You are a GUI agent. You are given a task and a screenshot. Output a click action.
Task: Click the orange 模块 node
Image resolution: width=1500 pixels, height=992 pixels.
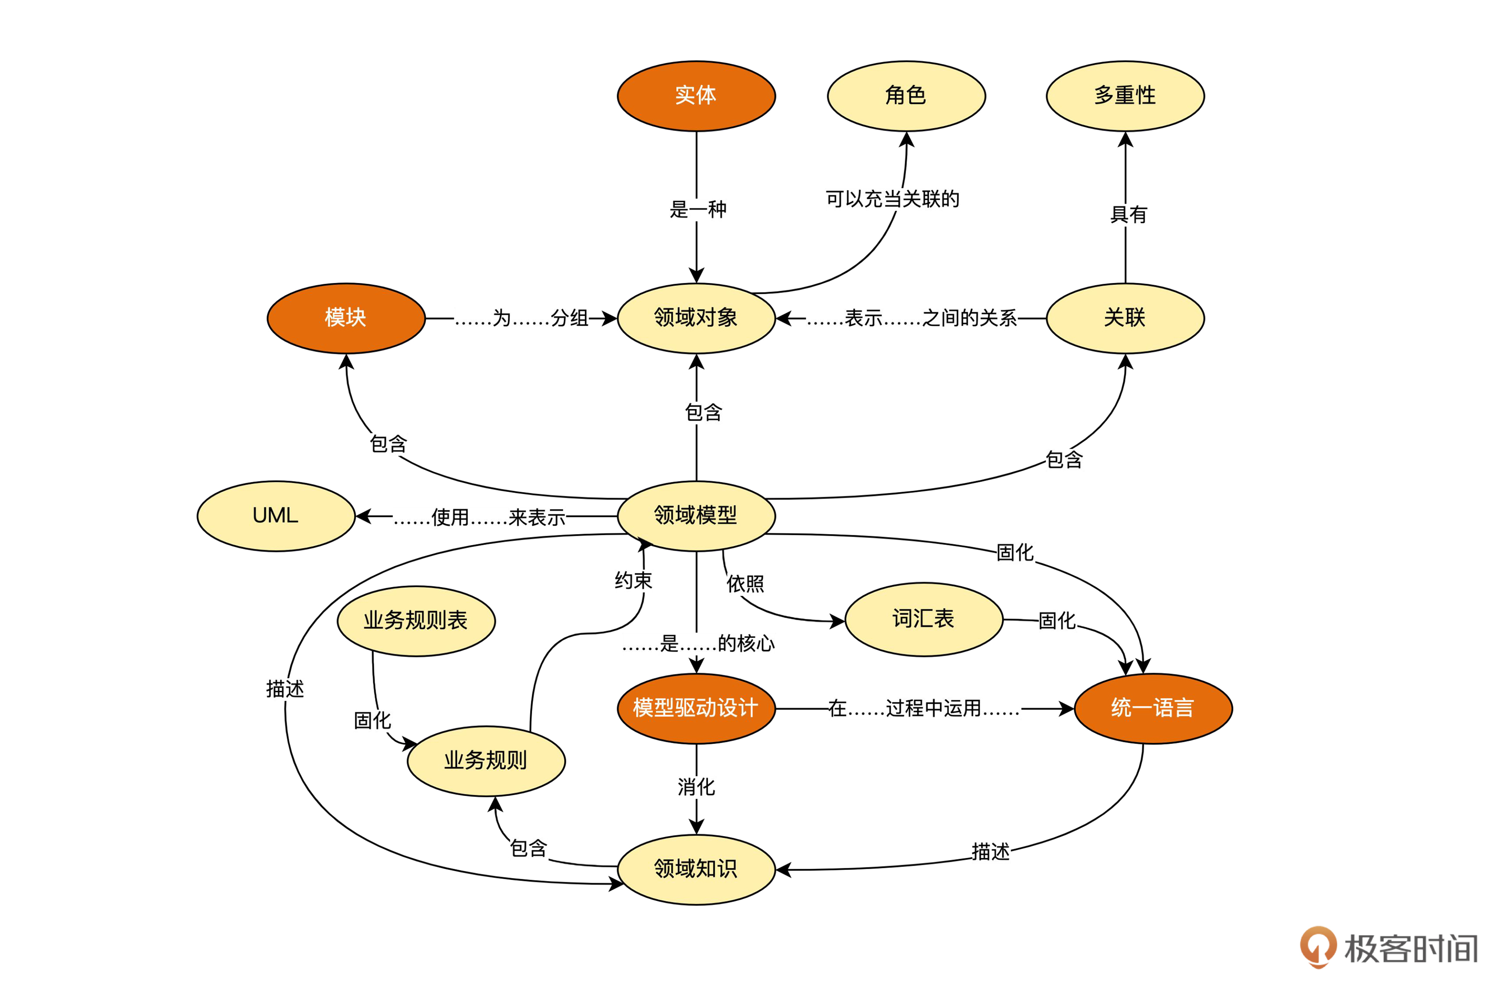pyautogui.click(x=345, y=317)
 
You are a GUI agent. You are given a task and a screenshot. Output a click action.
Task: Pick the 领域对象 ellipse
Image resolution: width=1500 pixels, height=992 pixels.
pyautogui.click(x=696, y=317)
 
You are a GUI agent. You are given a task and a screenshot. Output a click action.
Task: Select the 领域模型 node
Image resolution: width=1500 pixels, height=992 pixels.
pyautogui.click(x=696, y=516)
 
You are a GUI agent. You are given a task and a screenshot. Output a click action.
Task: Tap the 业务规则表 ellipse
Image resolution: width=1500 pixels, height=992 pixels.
pyautogui.click(x=416, y=621)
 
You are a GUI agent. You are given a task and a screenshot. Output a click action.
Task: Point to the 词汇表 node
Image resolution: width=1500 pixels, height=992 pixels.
pyautogui.click(x=924, y=619)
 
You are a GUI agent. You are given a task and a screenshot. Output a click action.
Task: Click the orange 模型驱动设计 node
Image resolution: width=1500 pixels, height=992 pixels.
pyautogui.click(x=696, y=708)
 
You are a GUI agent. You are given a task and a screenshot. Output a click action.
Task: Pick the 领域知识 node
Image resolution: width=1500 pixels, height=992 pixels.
pyautogui.click(x=696, y=869)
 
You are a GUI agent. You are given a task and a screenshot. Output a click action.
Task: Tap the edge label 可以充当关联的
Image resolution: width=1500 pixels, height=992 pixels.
pyautogui.click(x=892, y=199)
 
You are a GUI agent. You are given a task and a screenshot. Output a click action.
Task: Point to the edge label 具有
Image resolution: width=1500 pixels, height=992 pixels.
pyautogui.click(x=1128, y=215)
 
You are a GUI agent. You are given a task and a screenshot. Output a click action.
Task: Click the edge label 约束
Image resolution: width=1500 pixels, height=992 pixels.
pyautogui.click(x=633, y=580)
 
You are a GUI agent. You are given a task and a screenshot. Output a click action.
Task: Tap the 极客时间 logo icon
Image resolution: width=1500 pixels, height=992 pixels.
pyautogui.click(x=1318, y=947)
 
